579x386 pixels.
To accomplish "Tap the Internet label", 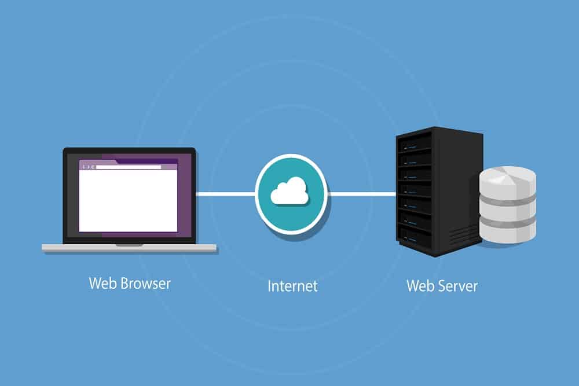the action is coord(292,286).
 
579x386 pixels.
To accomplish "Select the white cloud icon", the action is coord(290,191).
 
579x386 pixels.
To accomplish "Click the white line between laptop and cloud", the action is coord(225,194).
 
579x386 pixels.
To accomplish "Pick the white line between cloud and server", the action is coord(362,194).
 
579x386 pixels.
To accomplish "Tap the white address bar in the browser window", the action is coord(129,167).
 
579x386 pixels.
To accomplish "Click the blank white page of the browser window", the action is coord(128,201).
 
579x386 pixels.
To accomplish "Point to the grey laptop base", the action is coord(129,248).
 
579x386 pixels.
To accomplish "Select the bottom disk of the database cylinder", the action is coord(508,231).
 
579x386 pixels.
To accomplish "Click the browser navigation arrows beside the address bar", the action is coord(88,167).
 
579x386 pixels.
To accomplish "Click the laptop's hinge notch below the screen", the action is coord(129,245).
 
